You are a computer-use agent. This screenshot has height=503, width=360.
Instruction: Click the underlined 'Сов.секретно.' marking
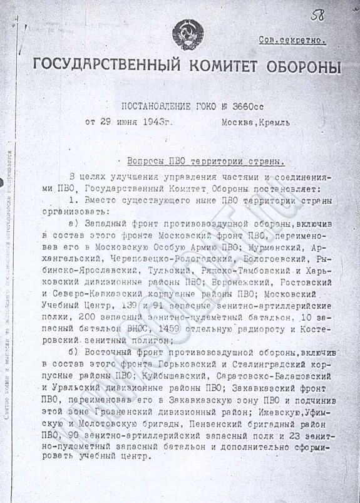pos(292,39)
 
